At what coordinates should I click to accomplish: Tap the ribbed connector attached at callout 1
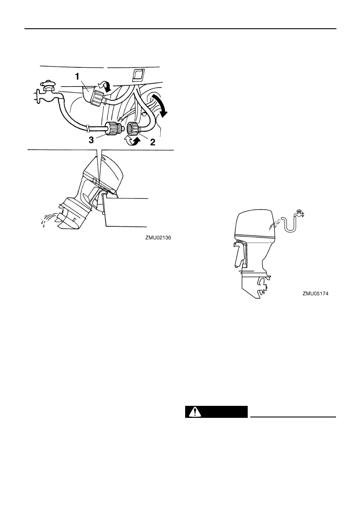click(x=99, y=98)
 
